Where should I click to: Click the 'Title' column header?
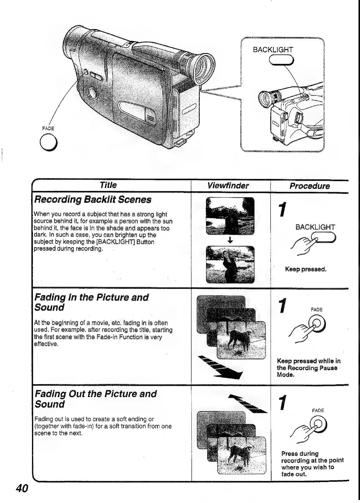pos(108,185)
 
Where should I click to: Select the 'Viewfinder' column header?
pos(228,186)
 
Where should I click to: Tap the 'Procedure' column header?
pos(309,186)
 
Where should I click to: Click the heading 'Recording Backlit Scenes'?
pos(93,200)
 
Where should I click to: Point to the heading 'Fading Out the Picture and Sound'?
pos(95,399)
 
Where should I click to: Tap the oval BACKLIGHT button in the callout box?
pos(281,60)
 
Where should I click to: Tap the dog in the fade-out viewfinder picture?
pos(240,455)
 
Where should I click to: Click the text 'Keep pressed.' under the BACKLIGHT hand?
pos(306,269)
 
